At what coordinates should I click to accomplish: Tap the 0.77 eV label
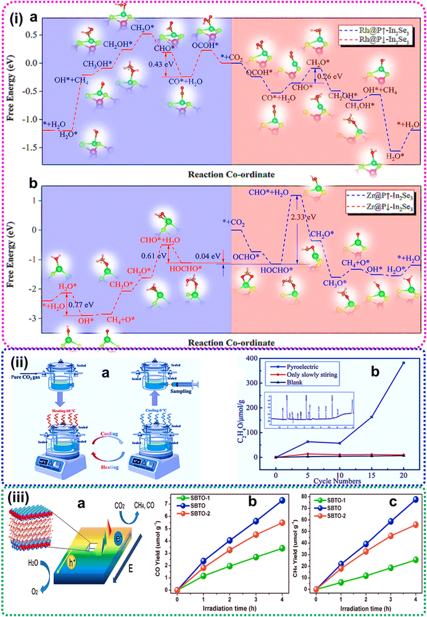(x=83, y=304)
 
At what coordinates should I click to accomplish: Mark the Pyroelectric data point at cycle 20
(x=404, y=363)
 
